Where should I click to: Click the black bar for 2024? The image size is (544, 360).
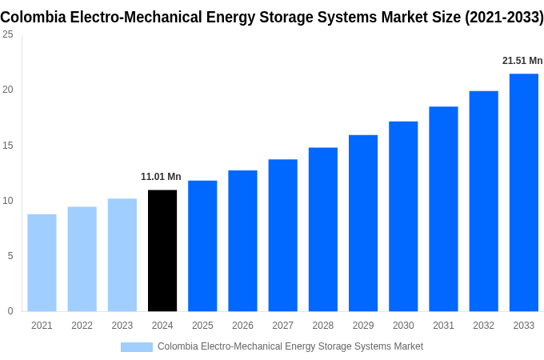point(162,250)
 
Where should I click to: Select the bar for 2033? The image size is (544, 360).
point(523,192)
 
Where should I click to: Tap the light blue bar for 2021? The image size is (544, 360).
point(42,262)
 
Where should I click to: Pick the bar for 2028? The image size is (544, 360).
point(322,229)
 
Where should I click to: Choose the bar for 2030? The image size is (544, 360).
point(403,216)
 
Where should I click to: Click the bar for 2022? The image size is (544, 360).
point(82,258)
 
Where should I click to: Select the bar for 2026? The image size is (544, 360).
point(242,240)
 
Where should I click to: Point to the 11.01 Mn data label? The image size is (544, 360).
point(161,177)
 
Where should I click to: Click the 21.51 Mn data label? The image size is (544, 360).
point(522,61)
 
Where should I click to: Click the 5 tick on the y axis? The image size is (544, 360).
point(10,256)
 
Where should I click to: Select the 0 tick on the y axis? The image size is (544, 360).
point(10,311)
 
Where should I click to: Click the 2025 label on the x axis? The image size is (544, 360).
point(202,326)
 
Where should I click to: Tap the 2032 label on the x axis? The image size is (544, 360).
point(483,326)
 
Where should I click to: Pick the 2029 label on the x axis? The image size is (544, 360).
point(362,326)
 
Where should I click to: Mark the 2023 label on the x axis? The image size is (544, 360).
point(122,326)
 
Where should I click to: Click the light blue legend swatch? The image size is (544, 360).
point(136,346)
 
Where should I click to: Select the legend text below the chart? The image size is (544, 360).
point(290,346)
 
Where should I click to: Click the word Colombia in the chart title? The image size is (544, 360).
point(32,17)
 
